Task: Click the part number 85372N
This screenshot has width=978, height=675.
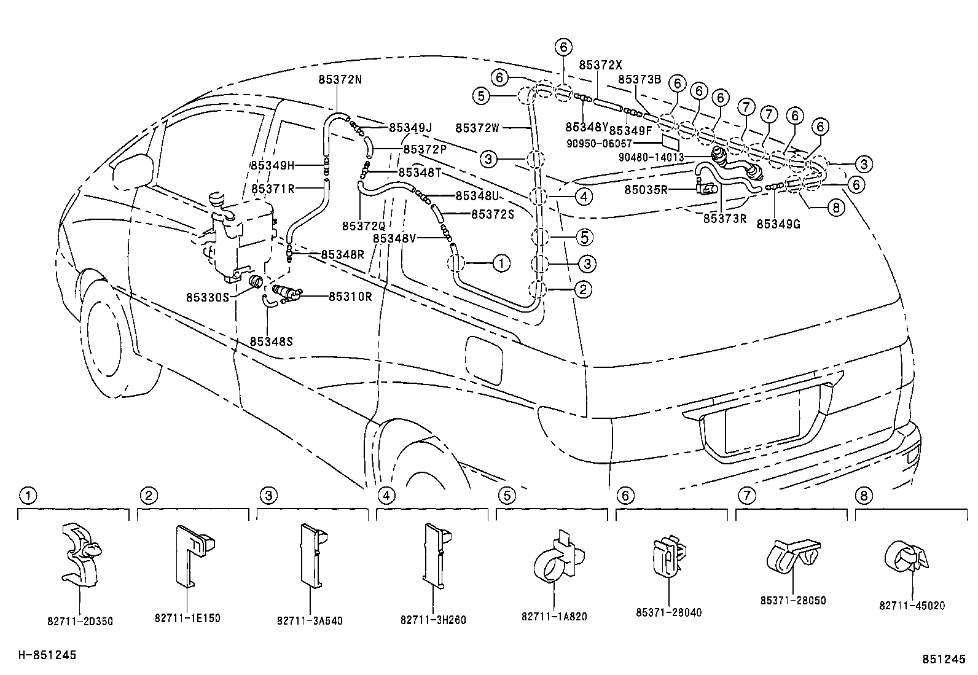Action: pyautogui.click(x=340, y=79)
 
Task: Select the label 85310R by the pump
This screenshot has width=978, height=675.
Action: pyautogui.click(x=350, y=297)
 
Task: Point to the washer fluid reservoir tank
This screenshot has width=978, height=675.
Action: pyautogui.click(x=237, y=240)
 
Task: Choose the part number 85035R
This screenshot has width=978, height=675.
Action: pyautogui.click(x=646, y=190)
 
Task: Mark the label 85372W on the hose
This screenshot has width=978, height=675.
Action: pyautogui.click(x=477, y=128)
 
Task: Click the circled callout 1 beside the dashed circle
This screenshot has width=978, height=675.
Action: pyautogui.click(x=501, y=263)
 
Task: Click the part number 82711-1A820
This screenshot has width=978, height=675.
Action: pyautogui.click(x=554, y=616)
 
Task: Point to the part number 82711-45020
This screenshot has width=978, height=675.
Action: pyautogui.click(x=912, y=606)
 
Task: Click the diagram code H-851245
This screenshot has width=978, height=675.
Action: pyautogui.click(x=47, y=655)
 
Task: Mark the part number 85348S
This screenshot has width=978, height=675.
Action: pyautogui.click(x=271, y=340)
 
